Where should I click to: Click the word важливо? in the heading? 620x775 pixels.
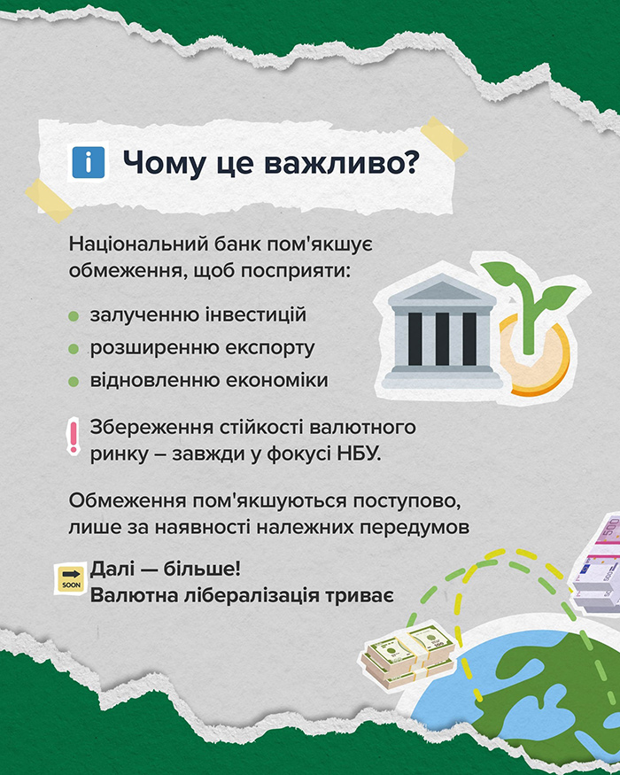point(344,163)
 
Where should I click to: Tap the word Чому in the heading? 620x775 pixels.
point(163,163)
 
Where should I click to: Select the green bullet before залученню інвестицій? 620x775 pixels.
point(74,316)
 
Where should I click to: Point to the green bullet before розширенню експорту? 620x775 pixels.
point(74,349)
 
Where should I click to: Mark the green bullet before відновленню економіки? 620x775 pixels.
point(74,382)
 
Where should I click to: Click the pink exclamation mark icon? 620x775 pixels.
point(74,436)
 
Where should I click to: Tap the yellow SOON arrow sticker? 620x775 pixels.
point(71,578)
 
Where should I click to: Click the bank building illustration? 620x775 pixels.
point(441,331)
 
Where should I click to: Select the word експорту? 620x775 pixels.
point(270,348)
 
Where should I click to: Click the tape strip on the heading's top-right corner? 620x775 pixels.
point(444,139)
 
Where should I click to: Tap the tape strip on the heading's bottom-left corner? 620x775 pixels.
point(49,200)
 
